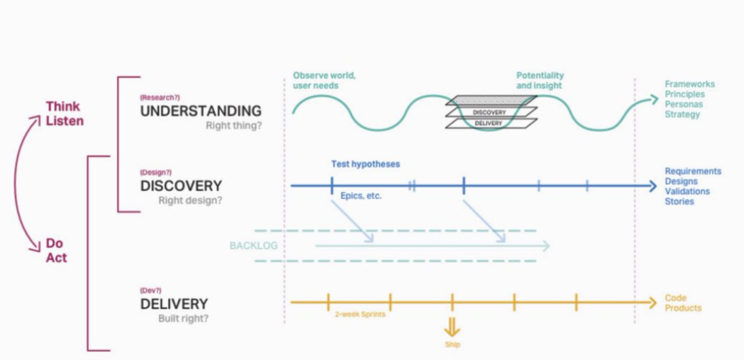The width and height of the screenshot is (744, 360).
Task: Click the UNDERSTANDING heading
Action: coord(200,112)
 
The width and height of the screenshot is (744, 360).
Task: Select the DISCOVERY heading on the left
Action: coord(180,187)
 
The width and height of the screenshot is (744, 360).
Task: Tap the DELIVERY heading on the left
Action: coord(174,304)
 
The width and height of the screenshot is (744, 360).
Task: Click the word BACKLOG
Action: coord(253,246)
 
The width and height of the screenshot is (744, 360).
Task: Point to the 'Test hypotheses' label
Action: coord(365,164)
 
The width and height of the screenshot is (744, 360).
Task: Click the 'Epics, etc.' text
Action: coord(361,196)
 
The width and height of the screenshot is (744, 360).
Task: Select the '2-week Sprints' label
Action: coord(359,314)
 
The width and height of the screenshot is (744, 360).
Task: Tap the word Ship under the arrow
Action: coord(452,345)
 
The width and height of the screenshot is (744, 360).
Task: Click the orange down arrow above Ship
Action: coord(452,326)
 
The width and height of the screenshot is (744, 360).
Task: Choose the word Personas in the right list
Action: coord(683,104)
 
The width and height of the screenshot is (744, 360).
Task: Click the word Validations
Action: coord(687,191)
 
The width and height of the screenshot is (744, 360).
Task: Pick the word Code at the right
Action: coord(675,298)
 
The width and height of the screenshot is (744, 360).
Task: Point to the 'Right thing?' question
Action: coord(234,125)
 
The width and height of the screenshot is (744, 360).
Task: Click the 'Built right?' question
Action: coord(183,319)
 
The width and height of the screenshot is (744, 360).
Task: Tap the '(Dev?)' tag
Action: coord(151,290)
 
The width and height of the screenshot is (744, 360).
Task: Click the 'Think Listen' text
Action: coord(64,114)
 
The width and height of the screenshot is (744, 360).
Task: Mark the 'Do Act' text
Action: coord(56,250)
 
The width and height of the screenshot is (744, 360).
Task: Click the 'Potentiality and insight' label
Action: coord(540,81)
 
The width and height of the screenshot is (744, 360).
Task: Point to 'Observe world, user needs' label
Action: coord(324,81)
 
